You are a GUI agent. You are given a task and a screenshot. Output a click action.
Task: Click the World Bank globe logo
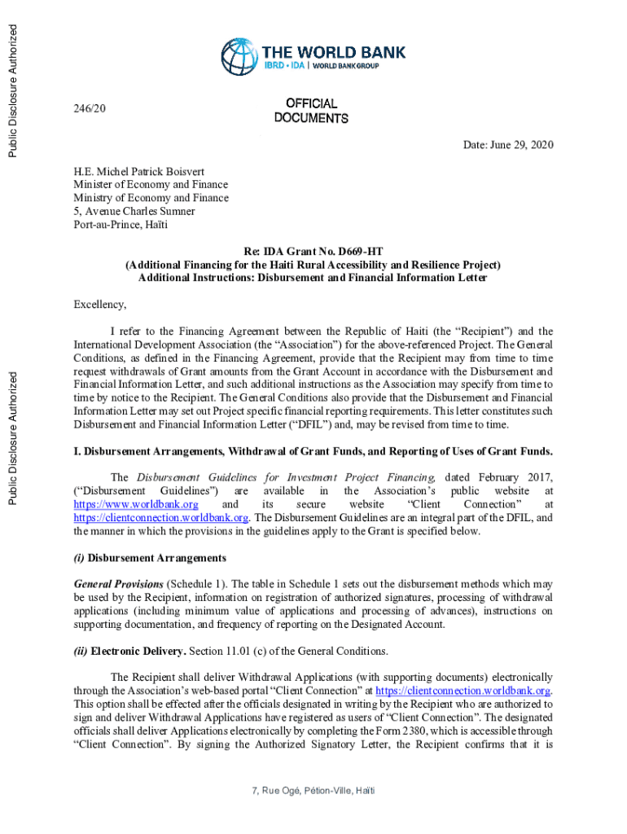239,56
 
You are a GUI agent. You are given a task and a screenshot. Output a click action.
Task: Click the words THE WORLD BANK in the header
332,52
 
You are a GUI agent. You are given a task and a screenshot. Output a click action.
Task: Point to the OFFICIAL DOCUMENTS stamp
311,111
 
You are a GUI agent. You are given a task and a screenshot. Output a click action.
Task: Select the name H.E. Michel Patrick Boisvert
139,172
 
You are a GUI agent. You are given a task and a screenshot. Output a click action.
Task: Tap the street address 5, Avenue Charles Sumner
134,211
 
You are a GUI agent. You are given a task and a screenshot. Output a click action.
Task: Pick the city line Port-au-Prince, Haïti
121,224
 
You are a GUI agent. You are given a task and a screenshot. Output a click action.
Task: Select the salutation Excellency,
100,305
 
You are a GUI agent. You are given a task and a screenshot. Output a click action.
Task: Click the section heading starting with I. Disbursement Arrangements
313,451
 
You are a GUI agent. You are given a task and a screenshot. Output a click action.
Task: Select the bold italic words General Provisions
118,585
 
